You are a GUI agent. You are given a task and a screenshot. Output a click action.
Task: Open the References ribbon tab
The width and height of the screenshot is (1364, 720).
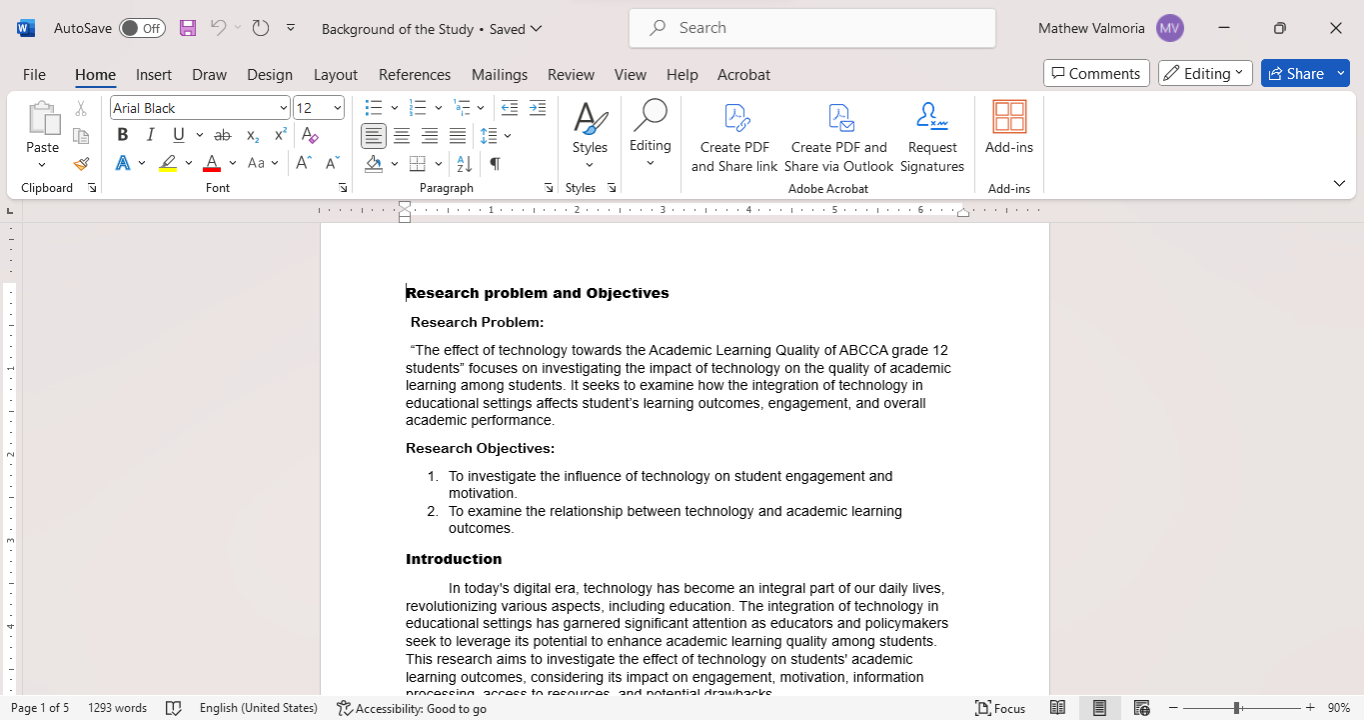click(x=415, y=75)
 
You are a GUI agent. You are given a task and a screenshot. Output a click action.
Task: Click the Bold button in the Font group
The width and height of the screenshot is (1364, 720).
click(x=122, y=135)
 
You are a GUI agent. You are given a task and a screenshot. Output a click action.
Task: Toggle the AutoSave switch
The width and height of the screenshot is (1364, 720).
click(x=142, y=28)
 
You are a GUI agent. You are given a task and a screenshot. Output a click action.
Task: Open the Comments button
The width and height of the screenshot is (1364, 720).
click(x=1095, y=73)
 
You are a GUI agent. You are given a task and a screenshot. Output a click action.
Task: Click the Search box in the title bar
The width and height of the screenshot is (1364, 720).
click(x=811, y=28)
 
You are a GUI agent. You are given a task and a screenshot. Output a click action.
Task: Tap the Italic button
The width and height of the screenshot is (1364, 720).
click(x=150, y=135)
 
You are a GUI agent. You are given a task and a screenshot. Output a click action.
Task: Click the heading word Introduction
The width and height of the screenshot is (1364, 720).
click(x=454, y=559)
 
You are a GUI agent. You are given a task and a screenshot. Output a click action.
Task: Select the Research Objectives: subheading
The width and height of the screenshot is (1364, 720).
click(x=480, y=449)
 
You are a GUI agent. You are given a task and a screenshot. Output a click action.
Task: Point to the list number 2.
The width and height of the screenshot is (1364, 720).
click(x=433, y=511)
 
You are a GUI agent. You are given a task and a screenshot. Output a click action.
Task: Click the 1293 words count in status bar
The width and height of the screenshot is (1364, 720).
click(x=117, y=708)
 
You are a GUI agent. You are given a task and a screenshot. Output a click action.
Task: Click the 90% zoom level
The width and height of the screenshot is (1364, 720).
click(x=1338, y=708)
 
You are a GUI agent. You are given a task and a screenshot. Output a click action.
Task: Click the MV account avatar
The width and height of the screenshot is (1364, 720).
click(x=1169, y=28)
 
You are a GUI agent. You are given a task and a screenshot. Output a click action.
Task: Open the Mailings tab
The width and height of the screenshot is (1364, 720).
click(x=500, y=75)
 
